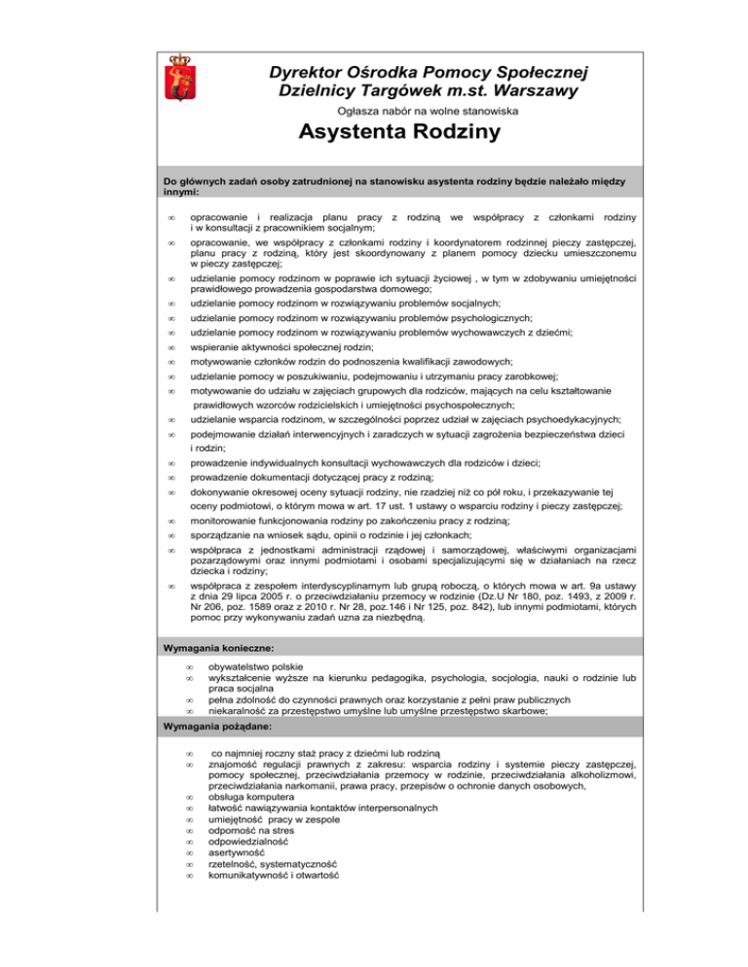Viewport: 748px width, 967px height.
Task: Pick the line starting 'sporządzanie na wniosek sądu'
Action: pyautogui.click(x=331, y=535)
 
